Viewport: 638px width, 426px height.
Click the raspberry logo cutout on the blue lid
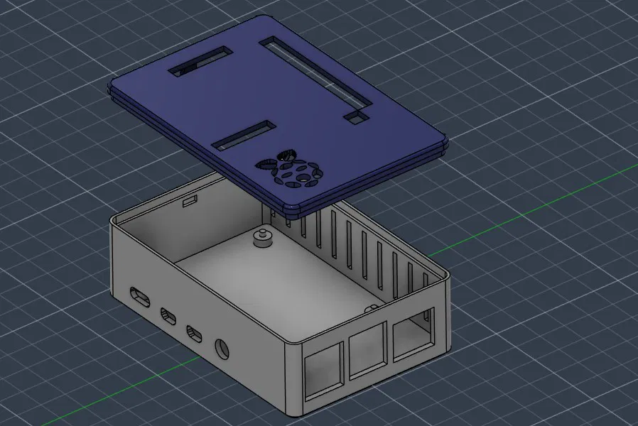(x=291, y=169)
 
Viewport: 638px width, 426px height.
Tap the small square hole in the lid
(x=353, y=116)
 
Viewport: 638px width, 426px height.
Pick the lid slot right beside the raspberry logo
(x=243, y=135)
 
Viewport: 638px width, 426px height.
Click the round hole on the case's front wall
(x=223, y=349)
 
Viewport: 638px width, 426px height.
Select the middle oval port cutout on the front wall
(x=169, y=314)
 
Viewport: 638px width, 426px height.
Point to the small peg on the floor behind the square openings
(x=371, y=308)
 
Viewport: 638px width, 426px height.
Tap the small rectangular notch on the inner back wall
(x=190, y=202)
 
